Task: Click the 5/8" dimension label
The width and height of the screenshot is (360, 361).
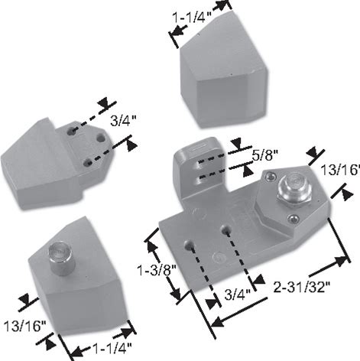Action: pos(265,154)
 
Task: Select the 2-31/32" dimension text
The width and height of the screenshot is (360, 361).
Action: pos(302,288)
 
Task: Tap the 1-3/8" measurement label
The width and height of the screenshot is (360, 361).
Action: pos(157,270)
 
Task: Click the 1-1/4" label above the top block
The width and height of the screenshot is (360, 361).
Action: pos(193,18)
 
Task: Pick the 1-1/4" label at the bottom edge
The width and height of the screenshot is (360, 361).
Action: pos(112,349)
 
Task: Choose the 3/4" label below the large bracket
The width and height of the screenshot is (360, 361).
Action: pos(238,294)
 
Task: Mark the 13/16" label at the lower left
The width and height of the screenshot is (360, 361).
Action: pos(25,326)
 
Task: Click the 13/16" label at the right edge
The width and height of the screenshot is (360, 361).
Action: pos(340,170)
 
